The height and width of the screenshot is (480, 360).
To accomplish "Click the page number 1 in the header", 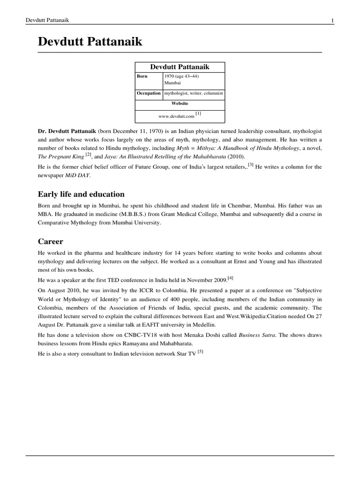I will coord(332,20).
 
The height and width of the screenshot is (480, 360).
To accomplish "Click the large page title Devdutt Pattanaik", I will coord(90,42).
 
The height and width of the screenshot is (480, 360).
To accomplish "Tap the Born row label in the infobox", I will coord(142,76).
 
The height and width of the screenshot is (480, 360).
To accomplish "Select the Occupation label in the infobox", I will coord(149,93).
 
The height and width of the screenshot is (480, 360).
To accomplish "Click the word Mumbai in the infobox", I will coord(172,82).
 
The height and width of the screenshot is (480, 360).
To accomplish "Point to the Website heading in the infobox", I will coord(180,103).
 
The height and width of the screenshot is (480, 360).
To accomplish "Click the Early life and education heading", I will coord(81,194).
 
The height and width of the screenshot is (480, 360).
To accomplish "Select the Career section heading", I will coord(50,241).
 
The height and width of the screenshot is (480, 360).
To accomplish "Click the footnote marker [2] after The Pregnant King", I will coord(88,155).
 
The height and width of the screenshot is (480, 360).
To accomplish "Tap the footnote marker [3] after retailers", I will coord(251,165).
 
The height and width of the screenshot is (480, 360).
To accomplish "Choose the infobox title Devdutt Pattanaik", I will coord(180,67).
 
